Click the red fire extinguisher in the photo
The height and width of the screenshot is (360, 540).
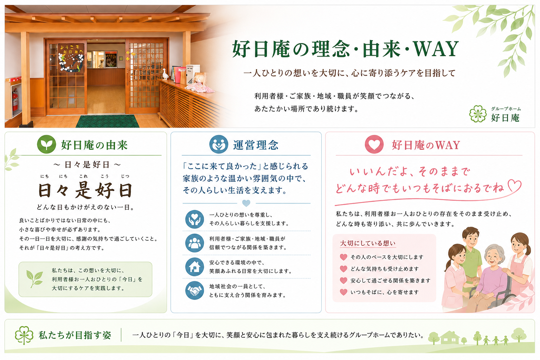15,100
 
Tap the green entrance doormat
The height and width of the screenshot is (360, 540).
108,121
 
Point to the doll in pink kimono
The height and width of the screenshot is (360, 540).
200,83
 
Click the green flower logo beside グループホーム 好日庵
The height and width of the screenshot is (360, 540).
478,114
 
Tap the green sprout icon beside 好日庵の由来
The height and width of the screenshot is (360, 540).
46,144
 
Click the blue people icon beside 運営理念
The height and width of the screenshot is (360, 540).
219,144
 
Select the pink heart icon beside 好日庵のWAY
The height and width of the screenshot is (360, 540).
374,144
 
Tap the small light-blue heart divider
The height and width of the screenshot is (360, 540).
246,203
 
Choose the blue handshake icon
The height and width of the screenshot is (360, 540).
194,290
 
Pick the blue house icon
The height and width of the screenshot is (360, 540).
194,267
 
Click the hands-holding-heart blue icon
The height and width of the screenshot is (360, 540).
194,219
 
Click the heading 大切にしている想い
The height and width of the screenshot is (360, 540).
368,243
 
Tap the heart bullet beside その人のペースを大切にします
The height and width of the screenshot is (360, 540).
343,257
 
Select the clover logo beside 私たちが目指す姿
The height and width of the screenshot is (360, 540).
24,335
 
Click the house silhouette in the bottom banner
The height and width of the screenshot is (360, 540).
450,337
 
